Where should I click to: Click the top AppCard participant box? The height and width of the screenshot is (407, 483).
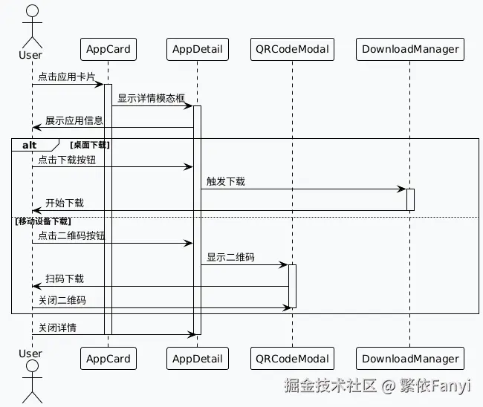pos(108,50)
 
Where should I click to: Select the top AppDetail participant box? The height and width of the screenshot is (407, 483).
pos(197,50)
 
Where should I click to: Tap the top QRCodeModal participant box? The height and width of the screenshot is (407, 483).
pos(291,50)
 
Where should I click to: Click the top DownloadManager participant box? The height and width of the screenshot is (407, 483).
pos(410,50)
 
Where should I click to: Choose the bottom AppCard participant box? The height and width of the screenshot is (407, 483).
pos(108,359)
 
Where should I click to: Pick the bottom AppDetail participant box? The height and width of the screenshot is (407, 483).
pos(197,359)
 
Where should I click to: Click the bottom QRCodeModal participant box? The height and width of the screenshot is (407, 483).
pos(291,359)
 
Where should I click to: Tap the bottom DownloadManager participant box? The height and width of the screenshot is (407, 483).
pos(410,359)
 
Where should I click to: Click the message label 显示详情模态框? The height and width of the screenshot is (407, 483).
pos(151,98)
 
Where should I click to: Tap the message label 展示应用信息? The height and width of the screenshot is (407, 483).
pos(74,120)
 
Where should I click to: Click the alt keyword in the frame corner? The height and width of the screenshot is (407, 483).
pos(30,145)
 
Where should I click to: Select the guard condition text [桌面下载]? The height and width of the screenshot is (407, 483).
pos(89,145)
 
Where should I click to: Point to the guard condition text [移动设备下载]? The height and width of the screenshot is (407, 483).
pos(42,221)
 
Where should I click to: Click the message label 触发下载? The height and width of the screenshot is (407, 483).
pos(226,181)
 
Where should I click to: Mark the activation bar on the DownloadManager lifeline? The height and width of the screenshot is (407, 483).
pos(410,199)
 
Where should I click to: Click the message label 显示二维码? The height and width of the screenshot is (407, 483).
pos(230,257)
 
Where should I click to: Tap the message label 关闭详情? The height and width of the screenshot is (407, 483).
pos(57,328)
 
